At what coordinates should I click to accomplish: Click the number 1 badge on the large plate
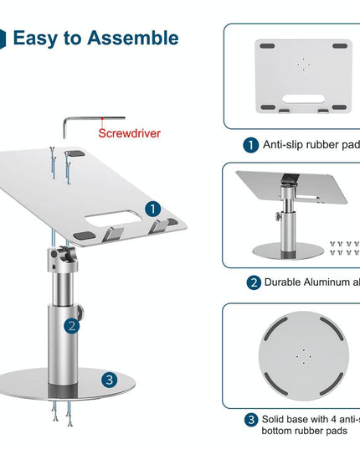[x=152, y=208]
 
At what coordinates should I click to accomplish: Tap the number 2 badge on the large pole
[x=73, y=326]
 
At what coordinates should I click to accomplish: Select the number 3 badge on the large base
[x=110, y=380]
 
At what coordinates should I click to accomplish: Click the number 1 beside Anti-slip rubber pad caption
[x=250, y=144]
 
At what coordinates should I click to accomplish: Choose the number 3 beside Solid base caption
[x=250, y=419]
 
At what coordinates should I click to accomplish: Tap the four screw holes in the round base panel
[x=299, y=355]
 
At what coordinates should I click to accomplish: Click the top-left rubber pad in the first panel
[x=266, y=47]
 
